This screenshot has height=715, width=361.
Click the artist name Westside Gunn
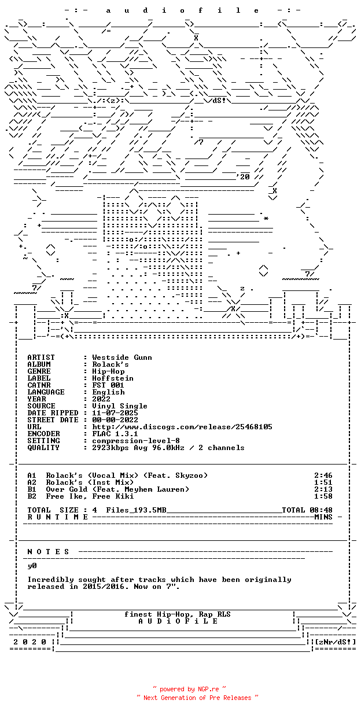pos(122,357)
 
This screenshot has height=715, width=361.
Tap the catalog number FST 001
pos(108,385)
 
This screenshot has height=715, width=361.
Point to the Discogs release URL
pos(182,427)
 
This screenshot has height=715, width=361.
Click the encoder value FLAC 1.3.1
pos(115,434)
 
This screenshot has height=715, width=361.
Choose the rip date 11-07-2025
pos(115,413)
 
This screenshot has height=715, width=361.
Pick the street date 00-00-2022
pos(115,420)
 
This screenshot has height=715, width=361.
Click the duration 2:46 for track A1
pos(323,476)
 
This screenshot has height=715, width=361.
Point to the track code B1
pos(32,489)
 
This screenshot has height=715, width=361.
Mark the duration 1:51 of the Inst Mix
pos(323,482)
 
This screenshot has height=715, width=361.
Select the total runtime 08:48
pos(323,510)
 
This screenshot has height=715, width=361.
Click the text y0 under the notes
pos(32,566)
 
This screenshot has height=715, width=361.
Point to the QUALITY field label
pos(43,448)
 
